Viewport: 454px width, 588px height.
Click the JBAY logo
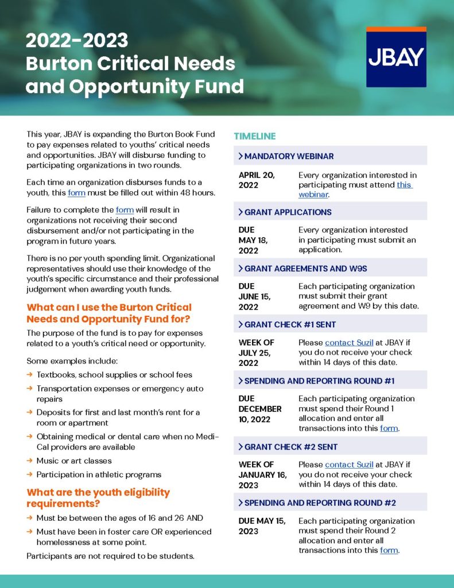point(396,57)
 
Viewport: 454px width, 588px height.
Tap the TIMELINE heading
point(255,136)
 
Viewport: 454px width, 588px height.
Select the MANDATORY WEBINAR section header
point(289,156)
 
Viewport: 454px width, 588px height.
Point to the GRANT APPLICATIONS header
point(288,212)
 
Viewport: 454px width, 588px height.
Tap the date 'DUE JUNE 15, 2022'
point(255,296)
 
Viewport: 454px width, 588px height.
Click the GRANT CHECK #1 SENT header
point(290,324)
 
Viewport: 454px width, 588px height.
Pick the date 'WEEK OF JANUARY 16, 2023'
point(262,474)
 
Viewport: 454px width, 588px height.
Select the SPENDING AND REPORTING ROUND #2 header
point(320,502)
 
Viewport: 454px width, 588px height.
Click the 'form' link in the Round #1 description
point(389,428)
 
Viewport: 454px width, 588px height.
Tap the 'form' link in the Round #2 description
point(389,551)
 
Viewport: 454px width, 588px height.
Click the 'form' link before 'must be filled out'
point(76,192)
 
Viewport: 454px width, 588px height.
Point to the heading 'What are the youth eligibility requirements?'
point(98,497)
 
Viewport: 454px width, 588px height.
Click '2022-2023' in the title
point(77,41)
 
